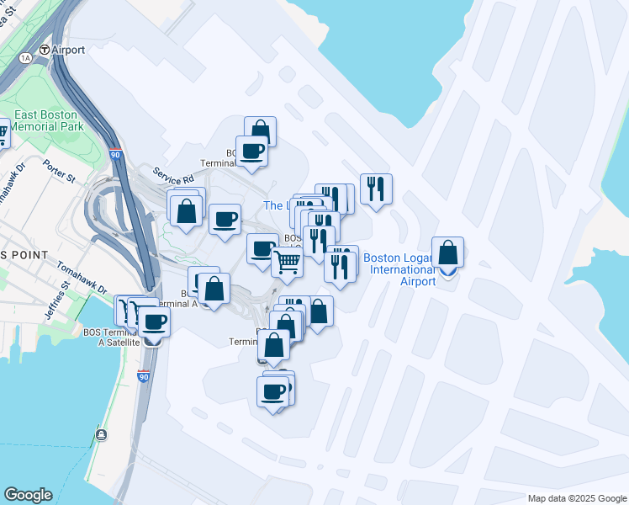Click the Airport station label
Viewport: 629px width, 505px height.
(x=68, y=50)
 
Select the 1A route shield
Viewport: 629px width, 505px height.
(x=25, y=57)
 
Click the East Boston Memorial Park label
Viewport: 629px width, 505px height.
(x=45, y=120)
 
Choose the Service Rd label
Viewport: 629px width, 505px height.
(x=173, y=174)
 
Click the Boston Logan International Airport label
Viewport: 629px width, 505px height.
(x=399, y=269)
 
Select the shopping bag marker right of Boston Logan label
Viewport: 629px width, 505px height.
(x=448, y=252)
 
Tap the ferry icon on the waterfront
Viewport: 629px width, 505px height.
(x=102, y=434)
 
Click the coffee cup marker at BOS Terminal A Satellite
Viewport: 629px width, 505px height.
(x=154, y=322)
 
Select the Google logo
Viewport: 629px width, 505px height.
(x=28, y=495)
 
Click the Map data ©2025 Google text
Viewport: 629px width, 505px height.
(x=577, y=498)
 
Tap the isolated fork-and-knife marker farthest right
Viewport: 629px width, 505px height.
(x=376, y=189)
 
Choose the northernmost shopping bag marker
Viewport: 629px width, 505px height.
(x=260, y=131)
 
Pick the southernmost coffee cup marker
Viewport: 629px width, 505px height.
(x=272, y=392)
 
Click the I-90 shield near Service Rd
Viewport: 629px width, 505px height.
(x=114, y=156)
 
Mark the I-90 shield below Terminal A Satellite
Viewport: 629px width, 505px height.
(x=143, y=376)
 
